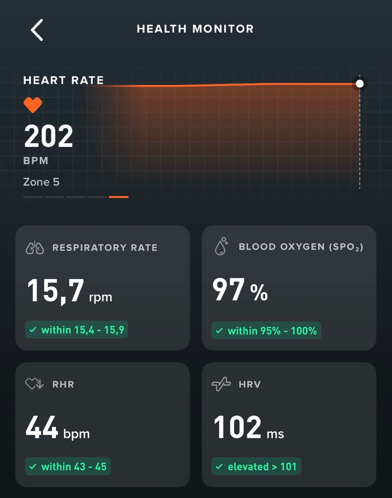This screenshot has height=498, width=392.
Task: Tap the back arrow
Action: click(x=37, y=30)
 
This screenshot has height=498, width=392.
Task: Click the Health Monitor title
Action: click(x=195, y=29)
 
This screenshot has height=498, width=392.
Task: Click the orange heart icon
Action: click(x=33, y=105)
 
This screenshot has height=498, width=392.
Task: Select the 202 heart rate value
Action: click(x=48, y=136)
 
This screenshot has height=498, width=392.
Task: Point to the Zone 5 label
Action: click(x=41, y=182)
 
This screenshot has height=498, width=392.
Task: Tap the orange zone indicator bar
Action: click(x=118, y=197)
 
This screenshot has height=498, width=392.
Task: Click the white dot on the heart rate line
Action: click(x=360, y=84)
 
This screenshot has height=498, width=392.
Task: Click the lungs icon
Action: click(x=35, y=248)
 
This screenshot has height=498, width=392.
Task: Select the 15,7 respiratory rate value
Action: click(x=56, y=291)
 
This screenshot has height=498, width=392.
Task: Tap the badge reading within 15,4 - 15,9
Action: click(x=76, y=330)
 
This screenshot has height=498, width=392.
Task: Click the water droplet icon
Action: click(x=221, y=247)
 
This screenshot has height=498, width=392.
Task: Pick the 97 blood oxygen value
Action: click(x=228, y=290)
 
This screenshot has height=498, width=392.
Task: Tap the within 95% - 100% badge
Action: click(x=266, y=331)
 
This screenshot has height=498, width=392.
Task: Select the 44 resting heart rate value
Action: click(x=42, y=427)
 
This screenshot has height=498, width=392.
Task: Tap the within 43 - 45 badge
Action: click(x=68, y=467)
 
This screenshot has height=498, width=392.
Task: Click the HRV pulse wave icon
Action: click(x=221, y=384)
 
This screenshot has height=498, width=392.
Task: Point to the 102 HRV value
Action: click(x=238, y=427)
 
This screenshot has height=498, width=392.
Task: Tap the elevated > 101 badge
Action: click(x=256, y=467)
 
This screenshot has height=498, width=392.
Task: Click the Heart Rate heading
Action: click(x=63, y=80)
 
